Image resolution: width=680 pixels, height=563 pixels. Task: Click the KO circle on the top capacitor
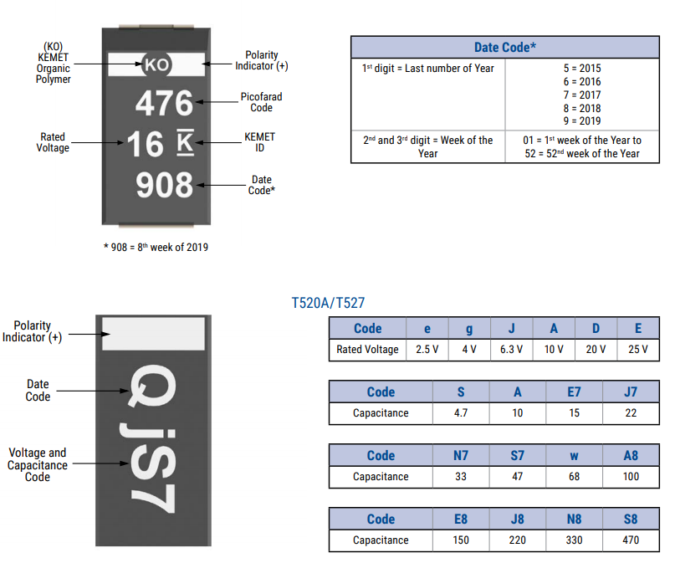point(156,64)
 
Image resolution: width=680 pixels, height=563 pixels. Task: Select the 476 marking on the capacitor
point(164,103)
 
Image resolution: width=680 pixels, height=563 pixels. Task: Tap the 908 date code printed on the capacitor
point(165,185)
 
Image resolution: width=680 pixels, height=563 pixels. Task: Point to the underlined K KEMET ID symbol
point(185,142)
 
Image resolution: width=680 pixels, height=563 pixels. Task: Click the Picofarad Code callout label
point(261,102)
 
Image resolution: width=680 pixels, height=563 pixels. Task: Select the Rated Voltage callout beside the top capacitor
point(53,142)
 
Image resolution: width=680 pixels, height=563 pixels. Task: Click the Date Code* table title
point(505,47)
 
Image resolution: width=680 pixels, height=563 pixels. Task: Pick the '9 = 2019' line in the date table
point(582,121)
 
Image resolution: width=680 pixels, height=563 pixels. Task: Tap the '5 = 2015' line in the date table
point(582,68)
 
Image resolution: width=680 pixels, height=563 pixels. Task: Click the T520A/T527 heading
point(328,302)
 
